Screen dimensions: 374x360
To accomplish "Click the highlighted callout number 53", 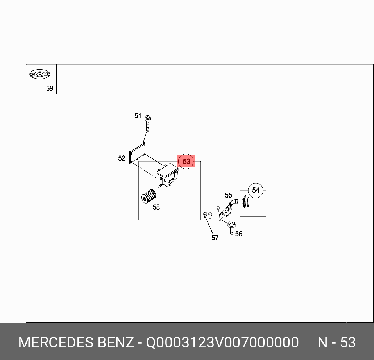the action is click(186, 162).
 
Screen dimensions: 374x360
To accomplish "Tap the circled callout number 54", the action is click(256, 190).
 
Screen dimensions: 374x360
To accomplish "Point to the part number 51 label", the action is click(138, 116).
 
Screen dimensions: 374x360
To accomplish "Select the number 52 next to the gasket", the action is click(122, 158).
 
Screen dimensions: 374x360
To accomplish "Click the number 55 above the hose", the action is click(228, 195).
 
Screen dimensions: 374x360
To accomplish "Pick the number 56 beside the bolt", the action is click(239, 234).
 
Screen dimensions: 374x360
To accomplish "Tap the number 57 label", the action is click(215, 238).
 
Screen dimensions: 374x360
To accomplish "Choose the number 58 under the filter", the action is click(156, 207).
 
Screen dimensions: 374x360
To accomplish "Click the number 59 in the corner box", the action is click(50, 89).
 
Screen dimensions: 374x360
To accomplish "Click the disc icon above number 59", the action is click(39, 74).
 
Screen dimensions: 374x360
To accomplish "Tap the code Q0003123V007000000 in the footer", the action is click(222, 342).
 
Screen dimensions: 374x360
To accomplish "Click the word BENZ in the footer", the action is click(116, 342).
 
